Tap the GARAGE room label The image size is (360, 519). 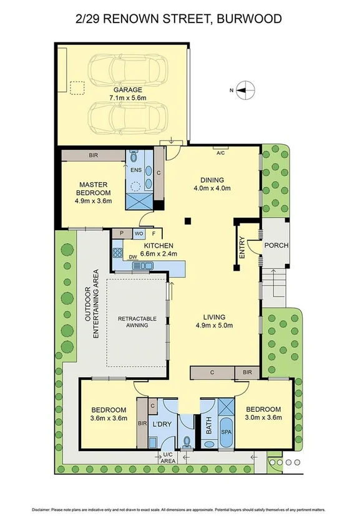127,90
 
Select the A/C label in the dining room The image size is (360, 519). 220,152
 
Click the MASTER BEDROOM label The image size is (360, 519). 94,188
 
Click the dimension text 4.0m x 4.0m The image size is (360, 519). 212,188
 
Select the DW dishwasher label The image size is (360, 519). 132,256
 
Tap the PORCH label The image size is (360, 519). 276,245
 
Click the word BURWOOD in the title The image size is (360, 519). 250,19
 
